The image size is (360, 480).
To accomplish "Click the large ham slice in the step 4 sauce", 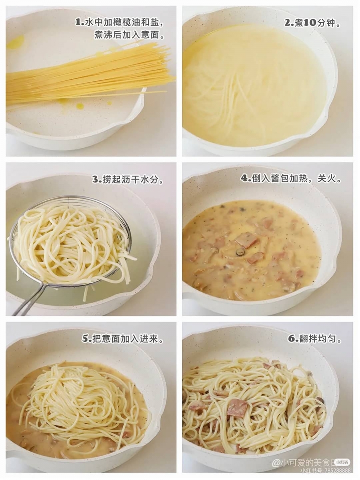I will pyautogui.click(x=246, y=240).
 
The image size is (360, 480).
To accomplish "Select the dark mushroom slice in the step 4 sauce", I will pyautogui.click(x=240, y=252).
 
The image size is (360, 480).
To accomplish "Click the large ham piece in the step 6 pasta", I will pyautogui.click(x=237, y=408).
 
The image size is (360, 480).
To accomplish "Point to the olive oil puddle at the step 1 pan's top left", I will pyautogui.click(x=16, y=42).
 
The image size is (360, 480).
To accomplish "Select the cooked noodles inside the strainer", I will pyautogui.click(x=72, y=244).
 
